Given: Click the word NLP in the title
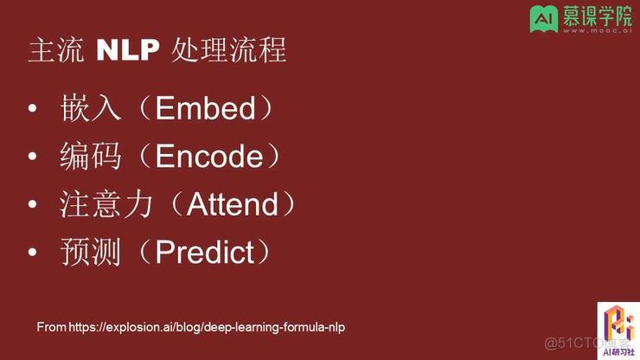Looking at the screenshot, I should [128, 51].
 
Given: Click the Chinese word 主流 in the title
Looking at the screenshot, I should [57, 51].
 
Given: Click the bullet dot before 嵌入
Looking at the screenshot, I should [33, 110].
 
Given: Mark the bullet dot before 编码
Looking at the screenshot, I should [33, 157].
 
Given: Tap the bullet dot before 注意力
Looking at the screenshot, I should [33, 206].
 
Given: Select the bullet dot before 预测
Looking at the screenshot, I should [33, 254].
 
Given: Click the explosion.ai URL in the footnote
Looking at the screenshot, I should [207, 327].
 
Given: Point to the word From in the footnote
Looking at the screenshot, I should [50, 327].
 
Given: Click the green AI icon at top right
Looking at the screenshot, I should [542, 18].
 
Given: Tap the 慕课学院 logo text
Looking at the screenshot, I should [596, 16].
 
